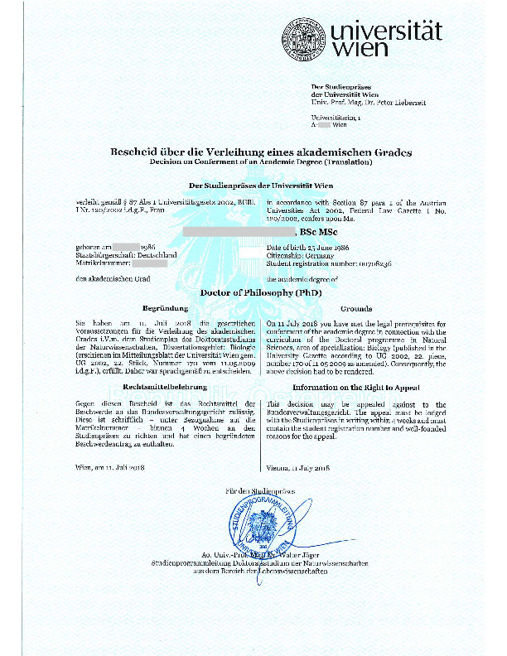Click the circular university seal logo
point(302,39)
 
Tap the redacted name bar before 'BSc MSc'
point(237,234)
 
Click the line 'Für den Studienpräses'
point(254,493)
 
